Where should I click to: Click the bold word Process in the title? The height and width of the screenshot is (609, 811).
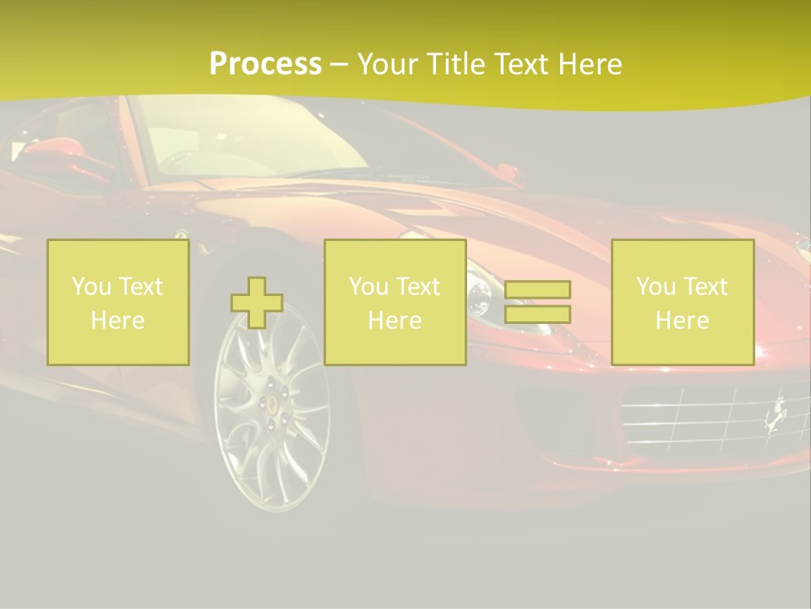pyautogui.click(x=265, y=64)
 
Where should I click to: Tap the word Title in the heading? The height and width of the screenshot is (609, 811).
pyautogui.click(x=455, y=64)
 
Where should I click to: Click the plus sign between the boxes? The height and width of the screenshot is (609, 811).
pyautogui.click(x=257, y=303)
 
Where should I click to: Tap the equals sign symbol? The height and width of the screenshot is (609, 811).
pyautogui.click(x=537, y=302)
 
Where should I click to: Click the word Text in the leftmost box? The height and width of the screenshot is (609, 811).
pyautogui.click(x=141, y=287)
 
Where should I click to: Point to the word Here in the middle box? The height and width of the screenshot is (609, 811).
pyautogui.click(x=395, y=321)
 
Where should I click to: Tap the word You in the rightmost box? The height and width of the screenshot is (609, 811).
pyautogui.click(x=656, y=287)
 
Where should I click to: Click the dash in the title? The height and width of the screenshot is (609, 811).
pyautogui.click(x=339, y=64)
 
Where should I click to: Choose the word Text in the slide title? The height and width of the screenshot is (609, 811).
pyautogui.click(x=517, y=64)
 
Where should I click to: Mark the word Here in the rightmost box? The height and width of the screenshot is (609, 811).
pyautogui.click(x=683, y=321)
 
